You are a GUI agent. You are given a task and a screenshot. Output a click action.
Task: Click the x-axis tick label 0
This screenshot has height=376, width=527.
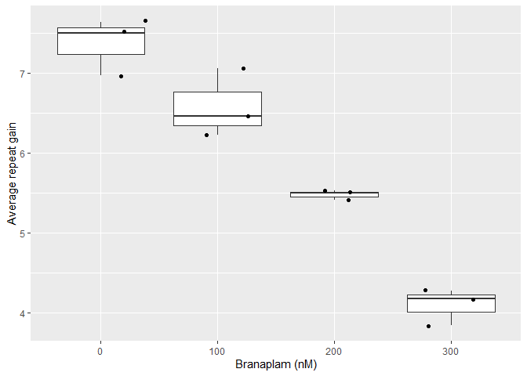coord(100,352)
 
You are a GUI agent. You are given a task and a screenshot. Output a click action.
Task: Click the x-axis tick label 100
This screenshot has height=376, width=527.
coord(217,352)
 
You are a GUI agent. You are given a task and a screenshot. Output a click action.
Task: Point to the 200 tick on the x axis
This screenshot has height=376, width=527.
coord(334,352)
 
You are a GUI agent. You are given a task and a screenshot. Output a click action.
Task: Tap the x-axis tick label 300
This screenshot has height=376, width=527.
coord(451,352)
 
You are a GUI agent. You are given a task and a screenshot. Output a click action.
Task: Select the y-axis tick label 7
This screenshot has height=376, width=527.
coord(23,74)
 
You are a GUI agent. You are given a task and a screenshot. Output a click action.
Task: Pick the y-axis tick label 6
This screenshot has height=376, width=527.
coord(23,154)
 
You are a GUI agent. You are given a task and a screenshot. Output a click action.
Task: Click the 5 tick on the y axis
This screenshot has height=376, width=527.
coord(23,233)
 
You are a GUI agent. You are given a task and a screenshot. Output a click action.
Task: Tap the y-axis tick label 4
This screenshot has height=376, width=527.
coord(23,313)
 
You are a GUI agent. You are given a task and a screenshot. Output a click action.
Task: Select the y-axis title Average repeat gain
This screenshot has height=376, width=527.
coord(11,172)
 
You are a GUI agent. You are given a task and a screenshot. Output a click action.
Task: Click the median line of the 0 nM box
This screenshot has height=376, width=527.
coord(100,33)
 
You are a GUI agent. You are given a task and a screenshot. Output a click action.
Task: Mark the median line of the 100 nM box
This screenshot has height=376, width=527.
coord(217,116)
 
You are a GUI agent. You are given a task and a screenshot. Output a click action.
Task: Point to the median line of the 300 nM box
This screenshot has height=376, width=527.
coord(451,298)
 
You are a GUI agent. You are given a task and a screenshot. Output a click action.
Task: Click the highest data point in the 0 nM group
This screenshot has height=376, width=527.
coord(145,20)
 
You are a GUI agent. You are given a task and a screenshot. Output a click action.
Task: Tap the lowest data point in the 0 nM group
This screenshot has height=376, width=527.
coord(121,76)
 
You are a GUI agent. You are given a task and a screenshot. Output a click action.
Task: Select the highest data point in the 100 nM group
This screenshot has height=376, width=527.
coord(243,68)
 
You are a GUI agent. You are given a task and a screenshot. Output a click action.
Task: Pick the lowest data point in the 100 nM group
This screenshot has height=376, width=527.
coord(206,135)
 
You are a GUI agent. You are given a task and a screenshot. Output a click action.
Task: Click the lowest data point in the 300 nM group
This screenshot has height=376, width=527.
coord(428,326)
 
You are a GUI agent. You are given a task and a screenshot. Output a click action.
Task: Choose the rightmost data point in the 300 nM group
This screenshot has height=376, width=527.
coord(473,299)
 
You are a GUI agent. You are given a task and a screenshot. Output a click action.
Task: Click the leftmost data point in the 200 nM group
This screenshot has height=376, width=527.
coord(325,190)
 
